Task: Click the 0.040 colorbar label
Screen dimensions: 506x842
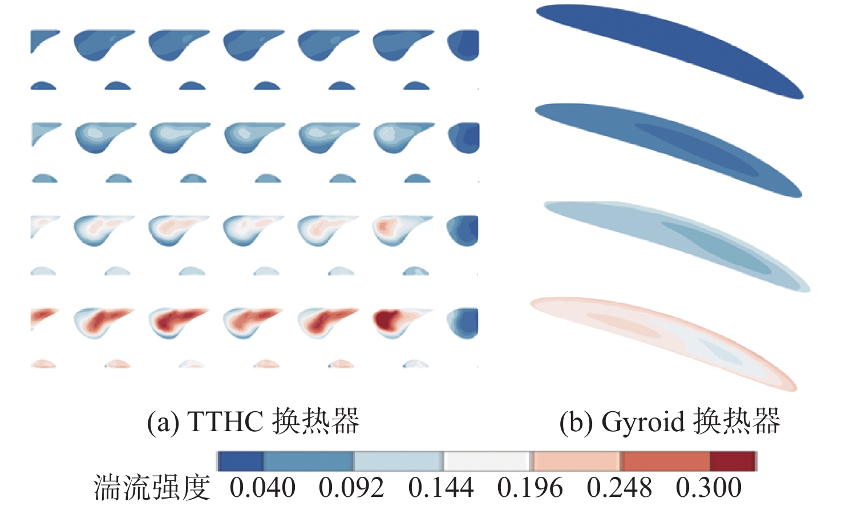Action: pos(262,488)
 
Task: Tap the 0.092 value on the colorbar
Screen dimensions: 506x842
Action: pos(351,488)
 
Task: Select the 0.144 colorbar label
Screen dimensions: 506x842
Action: pos(441,488)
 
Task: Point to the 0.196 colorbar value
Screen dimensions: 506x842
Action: pos(530,488)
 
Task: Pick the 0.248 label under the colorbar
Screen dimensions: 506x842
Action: pos(619,488)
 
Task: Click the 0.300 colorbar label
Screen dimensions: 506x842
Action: pos(709,488)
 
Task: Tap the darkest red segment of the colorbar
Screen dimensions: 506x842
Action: pos(733,461)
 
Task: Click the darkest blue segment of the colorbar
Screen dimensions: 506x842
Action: pos(240,461)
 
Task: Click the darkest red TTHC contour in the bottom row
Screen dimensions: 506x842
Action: pos(387,319)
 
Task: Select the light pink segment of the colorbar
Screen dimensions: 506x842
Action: pos(576,461)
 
